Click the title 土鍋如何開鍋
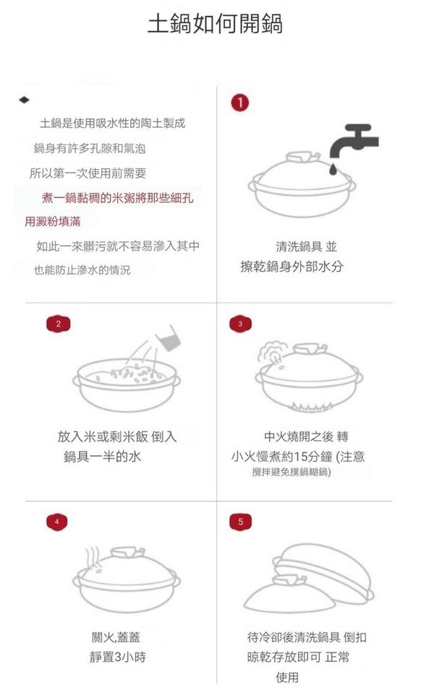click(x=215, y=24)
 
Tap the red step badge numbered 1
click(x=239, y=103)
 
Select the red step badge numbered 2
click(x=58, y=324)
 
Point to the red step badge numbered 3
click(x=240, y=324)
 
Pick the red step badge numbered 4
click(x=57, y=522)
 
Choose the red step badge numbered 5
click(x=240, y=522)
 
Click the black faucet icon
click(x=354, y=141)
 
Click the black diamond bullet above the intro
click(x=25, y=100)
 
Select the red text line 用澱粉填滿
click(x=52, y=221)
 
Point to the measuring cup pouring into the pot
click(x=170, y=338)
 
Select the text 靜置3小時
click(x=118, y=657)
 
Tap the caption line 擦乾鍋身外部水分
click(x=292, y=266)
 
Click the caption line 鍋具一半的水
click(x=102, y=457)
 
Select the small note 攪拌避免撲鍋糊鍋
click(x=292, y=473)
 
